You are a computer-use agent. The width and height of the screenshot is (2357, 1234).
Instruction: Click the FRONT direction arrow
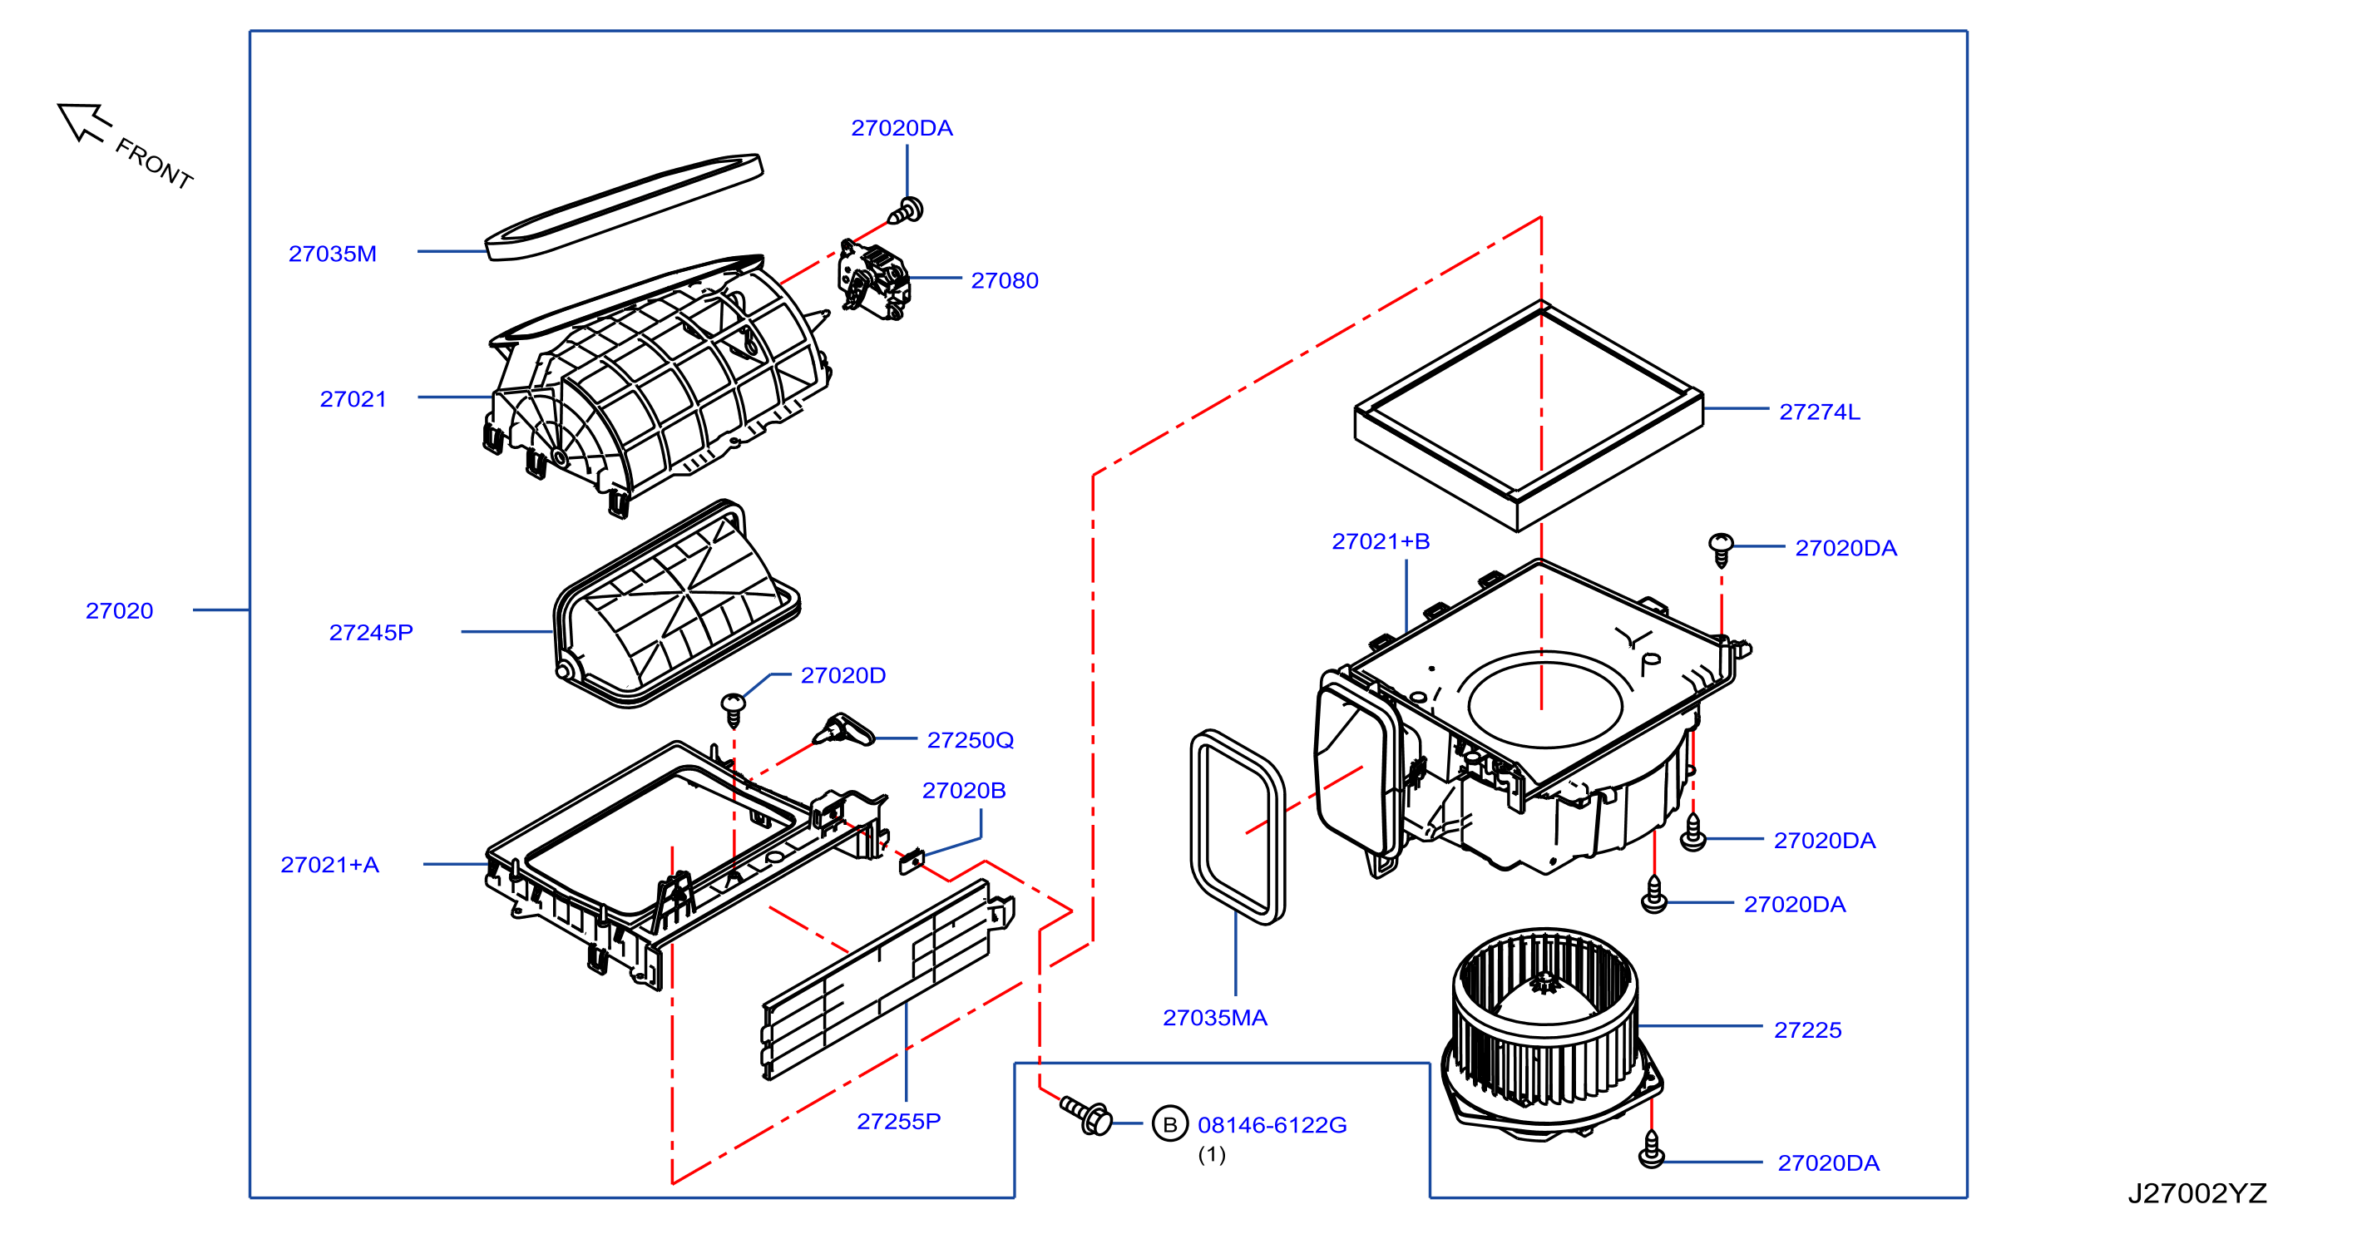click(x=83, y=122)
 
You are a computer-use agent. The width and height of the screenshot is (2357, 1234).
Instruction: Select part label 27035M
click(x=332, y=254)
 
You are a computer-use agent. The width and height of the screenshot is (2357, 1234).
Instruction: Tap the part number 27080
click(x=1005, y=280)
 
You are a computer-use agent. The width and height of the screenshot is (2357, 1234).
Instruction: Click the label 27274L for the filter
click(x=1819, y=412)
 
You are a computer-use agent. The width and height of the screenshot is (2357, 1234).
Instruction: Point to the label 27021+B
click(x=1381, y=541)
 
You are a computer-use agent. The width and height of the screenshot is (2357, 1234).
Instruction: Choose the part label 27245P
click(x=371, y=632)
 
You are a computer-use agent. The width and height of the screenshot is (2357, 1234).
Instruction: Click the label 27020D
click(x=842, y=675)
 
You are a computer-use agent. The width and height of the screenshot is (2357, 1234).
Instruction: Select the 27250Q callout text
click(x=970, y=740)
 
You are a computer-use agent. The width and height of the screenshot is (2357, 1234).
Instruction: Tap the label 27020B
click(x=963, y=790)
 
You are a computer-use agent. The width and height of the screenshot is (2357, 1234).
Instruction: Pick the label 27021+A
click(x=329, y=865)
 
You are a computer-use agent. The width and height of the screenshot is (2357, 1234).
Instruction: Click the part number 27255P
click(x=898, y=1121)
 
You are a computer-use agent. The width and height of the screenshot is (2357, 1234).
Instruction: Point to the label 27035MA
click(x=1214, y=1017)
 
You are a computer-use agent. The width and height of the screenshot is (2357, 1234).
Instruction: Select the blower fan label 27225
click(x=1807, y=1029)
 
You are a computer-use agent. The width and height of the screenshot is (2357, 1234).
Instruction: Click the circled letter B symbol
click(x=1169, y=1124)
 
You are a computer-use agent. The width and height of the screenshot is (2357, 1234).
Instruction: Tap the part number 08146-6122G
click(x=1272, y=1124)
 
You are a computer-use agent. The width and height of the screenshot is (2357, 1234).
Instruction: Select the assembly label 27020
click(x=119, y=610)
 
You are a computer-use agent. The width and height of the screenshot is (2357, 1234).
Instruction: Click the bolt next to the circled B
click(x=1086, y=1114)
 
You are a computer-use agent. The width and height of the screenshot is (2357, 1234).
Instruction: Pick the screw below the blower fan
click(x=1651, y=1150)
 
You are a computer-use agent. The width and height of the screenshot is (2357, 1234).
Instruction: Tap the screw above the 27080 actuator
click(x=906, y=211)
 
